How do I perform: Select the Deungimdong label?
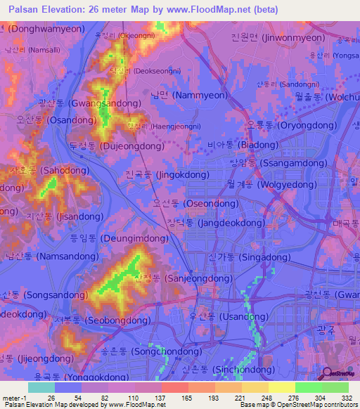[x=116, y=239]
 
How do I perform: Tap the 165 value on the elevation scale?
[x=173, y=398]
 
